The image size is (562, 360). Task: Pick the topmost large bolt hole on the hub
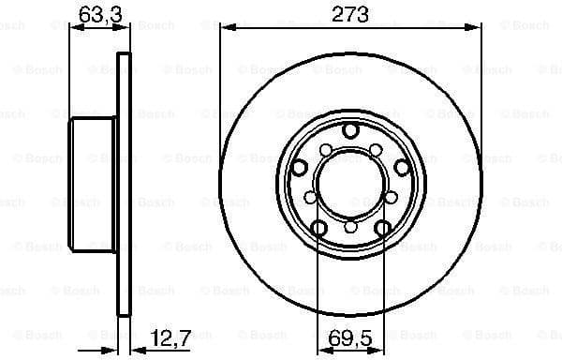coord(350,130)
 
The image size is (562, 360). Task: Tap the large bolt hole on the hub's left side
coord(300,166)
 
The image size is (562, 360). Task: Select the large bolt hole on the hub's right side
coord(401,166)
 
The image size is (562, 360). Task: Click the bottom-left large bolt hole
coord(319,227)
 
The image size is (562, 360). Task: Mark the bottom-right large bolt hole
coord(382,227)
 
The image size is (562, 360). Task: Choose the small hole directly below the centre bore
coord(350,226)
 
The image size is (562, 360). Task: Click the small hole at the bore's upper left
coord(324,150)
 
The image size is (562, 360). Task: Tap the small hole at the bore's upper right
coord(377,150)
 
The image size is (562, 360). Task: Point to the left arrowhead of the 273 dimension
coord(225,28)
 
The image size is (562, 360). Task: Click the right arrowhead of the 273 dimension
coord(476,28)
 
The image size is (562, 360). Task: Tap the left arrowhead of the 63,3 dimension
coord(76,28)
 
